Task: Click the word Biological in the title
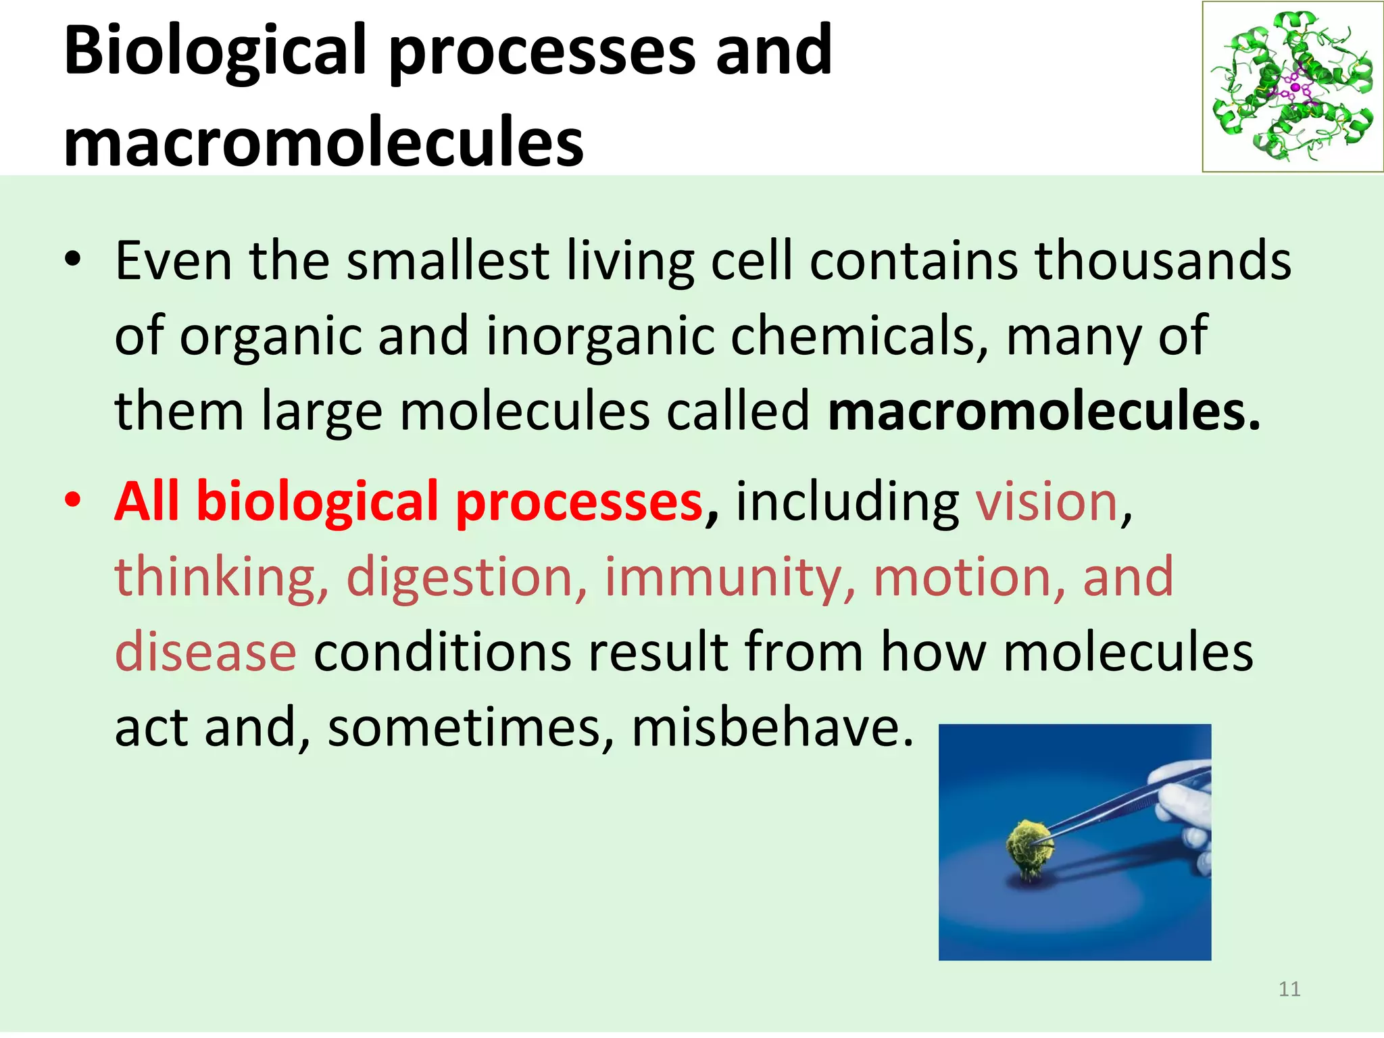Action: (215, 51)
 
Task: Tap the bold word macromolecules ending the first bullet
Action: (1043, 412)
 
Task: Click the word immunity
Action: (730, 578)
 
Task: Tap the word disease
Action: (205, 652)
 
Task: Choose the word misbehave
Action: (772, 728)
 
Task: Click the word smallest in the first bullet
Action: (447, 261)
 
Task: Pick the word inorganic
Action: (600, 336)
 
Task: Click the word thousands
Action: (1162, 261)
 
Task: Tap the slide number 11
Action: (1289, 989)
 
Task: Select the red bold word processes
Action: (578, 502)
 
